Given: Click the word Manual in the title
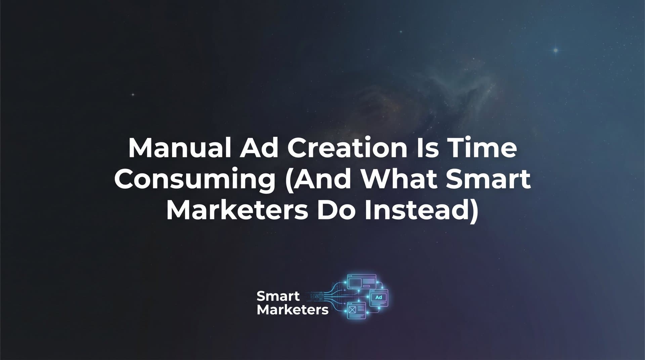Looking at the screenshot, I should click(179, 148).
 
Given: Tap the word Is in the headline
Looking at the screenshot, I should click(427, 148).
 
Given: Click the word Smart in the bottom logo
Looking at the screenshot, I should click(278, 296).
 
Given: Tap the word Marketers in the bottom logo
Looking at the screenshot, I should click(292, 310).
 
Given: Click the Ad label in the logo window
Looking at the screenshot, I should click(379, 297).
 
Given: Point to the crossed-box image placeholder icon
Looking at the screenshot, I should click(352, 310).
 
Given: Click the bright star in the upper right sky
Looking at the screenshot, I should click(556, 50).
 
